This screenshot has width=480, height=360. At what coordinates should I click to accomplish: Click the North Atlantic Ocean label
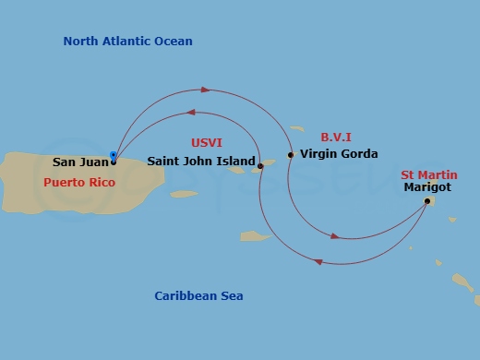pyautogui.click(x=127, y=42)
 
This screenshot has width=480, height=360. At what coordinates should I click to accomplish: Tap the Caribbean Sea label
pyautogui.click(x=198, y=296)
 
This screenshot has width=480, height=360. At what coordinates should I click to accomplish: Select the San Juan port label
pyautogui.click(x=80, y=162)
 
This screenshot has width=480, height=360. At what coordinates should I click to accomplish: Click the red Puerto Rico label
pyautogui.click(x=79, y=183)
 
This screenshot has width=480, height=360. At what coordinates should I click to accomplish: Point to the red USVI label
pyautogui.click(x=207, y=144)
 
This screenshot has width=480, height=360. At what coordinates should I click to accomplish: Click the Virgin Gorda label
pyautogui.click(x=338, y=154)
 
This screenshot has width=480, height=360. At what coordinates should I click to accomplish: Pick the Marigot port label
pyautogui.click(x=425, y=187)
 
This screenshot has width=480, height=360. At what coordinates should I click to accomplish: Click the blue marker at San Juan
pyautogui.click(x=114, y=156)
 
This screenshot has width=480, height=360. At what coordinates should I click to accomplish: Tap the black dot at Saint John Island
pyautogui.click(x=260, y=166)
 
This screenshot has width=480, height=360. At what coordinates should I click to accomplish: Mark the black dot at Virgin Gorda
pyautogui.click(x=291, y=155)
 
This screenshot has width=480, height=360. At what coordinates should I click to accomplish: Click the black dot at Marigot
pyautogui.click(x=426, y=200)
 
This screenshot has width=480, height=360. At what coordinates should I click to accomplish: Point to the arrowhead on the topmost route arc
pyautogui.click(x=206, y=90)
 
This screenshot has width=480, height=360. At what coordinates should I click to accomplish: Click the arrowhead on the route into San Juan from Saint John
pyautogui.click(x=190, y=113)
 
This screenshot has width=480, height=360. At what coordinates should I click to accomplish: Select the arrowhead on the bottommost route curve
pyautogui.click(x=318, y=262)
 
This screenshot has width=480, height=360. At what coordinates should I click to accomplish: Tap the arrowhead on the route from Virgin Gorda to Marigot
pyautogui.click(x=334, y=237)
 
